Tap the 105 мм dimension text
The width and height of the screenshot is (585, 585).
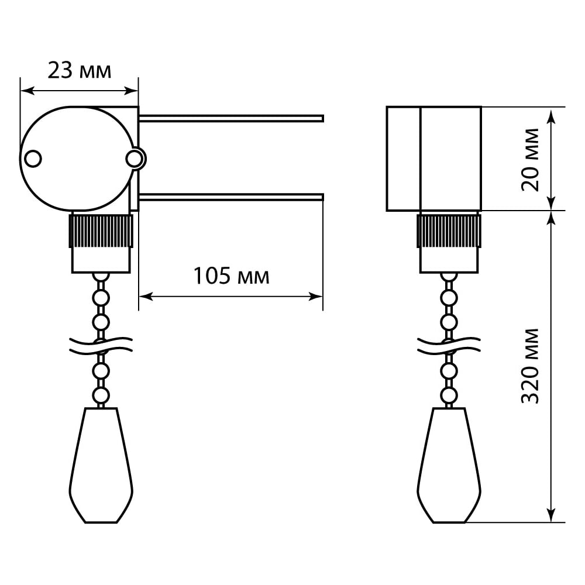(231, 276)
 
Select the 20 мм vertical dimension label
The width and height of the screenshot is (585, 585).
(530, 160)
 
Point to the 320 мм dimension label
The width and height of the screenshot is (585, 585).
(530, 366)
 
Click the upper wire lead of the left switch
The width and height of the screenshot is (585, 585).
(231, 118)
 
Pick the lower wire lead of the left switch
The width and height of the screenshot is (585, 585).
(231, 197)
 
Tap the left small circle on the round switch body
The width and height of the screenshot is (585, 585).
(33, 159)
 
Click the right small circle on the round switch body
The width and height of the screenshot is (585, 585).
(134, 159)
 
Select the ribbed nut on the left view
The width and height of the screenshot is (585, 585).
(101, 230)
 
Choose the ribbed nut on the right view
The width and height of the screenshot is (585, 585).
(449, 230)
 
